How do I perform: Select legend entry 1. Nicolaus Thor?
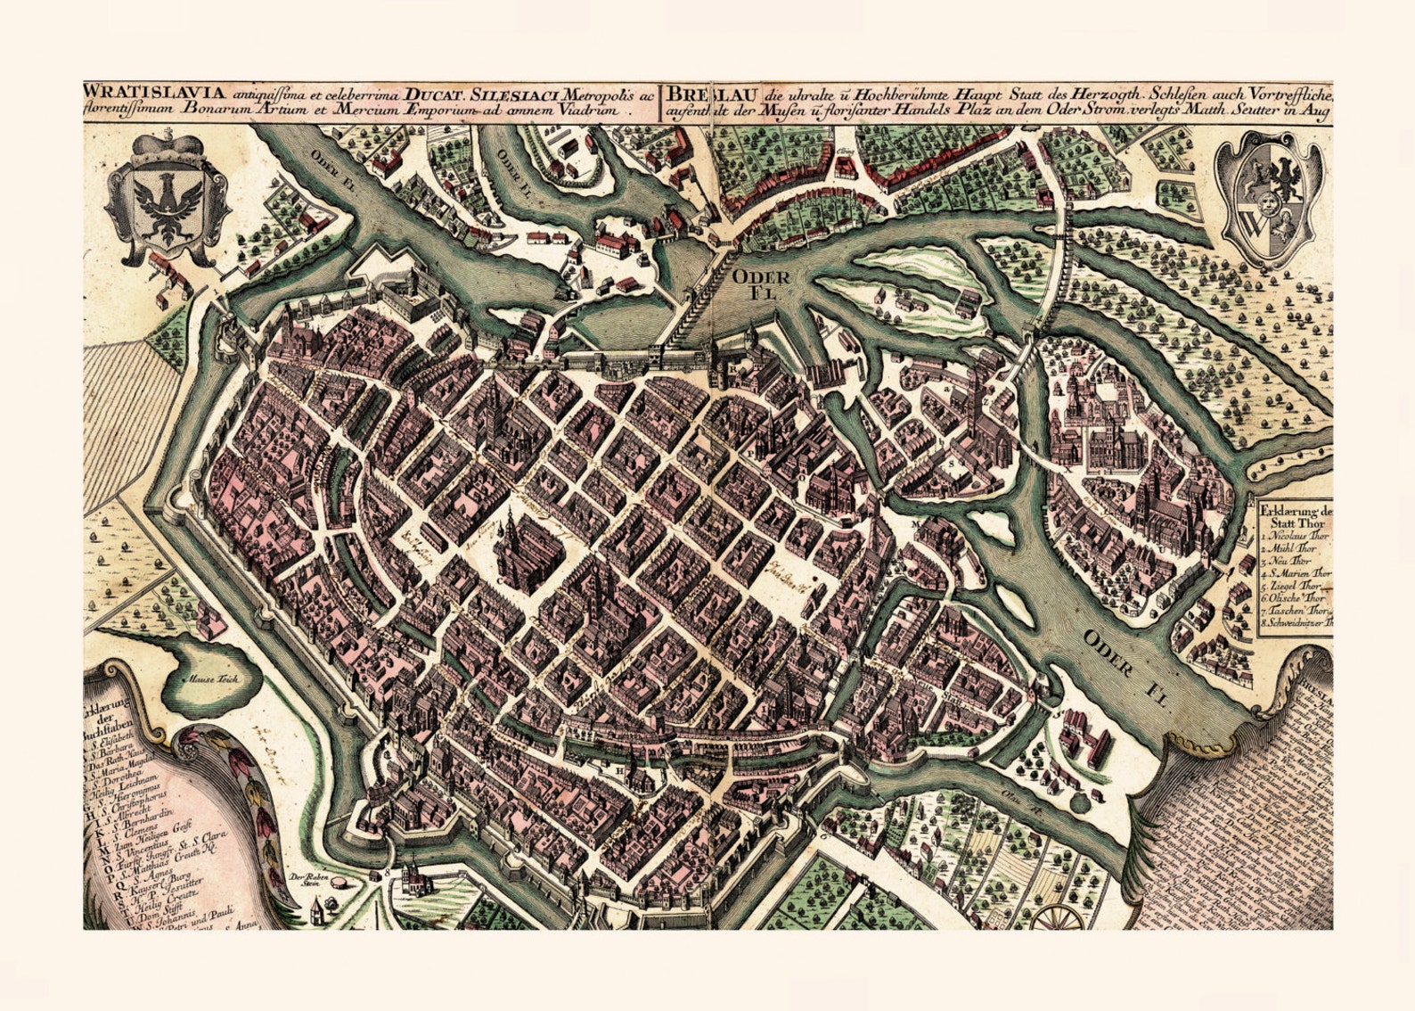tap(1294, 538)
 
